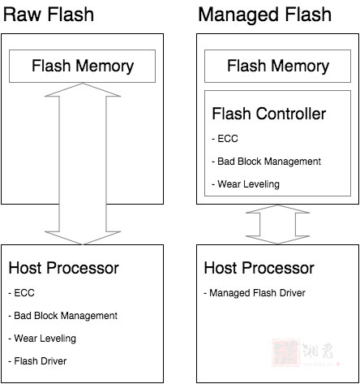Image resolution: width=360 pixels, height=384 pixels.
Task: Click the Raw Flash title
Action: [49, 15]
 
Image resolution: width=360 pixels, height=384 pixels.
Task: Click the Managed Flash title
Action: [265, 15]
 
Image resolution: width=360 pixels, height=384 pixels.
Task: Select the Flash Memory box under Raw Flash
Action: [82, 66]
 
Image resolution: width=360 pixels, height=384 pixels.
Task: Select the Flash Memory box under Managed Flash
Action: [277, 66]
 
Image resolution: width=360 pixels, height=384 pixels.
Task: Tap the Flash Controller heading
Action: [269, 114]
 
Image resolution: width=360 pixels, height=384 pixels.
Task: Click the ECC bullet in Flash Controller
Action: [225, 139]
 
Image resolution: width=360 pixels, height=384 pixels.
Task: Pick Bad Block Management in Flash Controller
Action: [267, 162]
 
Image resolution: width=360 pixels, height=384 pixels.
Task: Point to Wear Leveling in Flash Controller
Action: [246, 184]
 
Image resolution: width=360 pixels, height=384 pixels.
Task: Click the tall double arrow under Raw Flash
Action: [83, 163]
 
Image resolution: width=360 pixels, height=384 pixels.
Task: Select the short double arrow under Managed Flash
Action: [277, 224]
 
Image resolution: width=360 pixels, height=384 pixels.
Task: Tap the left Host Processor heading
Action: [64, 268]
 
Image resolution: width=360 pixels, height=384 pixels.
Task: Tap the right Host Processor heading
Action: [259, 268]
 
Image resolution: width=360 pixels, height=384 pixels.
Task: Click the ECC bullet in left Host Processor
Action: [21, 293]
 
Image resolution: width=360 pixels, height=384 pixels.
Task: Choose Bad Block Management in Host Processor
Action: [63, 316]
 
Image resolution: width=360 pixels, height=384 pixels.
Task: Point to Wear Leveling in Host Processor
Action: [42, 339]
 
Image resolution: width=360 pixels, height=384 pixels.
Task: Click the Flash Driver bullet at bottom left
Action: [37, 361]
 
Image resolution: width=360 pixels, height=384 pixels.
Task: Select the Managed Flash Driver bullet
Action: [255, 293]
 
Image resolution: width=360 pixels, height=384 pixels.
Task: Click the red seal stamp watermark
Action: [286, 352]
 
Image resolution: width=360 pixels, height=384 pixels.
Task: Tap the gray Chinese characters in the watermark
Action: [318, 351]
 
